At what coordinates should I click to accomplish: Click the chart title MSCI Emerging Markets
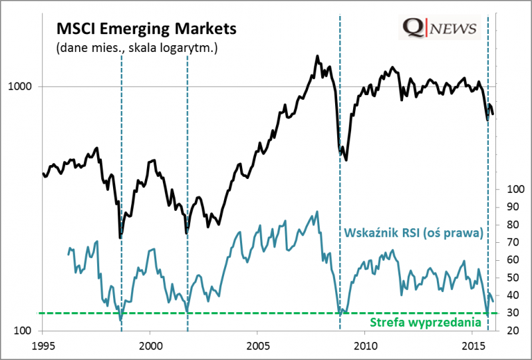click(146, 29)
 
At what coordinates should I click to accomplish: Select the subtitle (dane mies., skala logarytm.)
click(137, 48)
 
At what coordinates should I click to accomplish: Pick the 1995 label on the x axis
click(43, 346)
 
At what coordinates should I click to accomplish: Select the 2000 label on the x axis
click(150, 346)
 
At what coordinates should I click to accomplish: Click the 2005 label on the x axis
click(257, 346)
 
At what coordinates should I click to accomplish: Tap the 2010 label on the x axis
click(365, 346)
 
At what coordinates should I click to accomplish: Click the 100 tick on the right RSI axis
click(515, 189)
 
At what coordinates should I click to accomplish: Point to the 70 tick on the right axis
click(513, 242)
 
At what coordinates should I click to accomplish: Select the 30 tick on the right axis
click(513, 313)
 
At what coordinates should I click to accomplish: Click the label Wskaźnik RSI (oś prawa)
click(413, 233)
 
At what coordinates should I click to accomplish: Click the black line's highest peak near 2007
click(317, 56)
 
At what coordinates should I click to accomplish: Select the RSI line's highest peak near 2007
click(317, 212)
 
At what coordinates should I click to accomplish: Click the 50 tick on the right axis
click(513, 277)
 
